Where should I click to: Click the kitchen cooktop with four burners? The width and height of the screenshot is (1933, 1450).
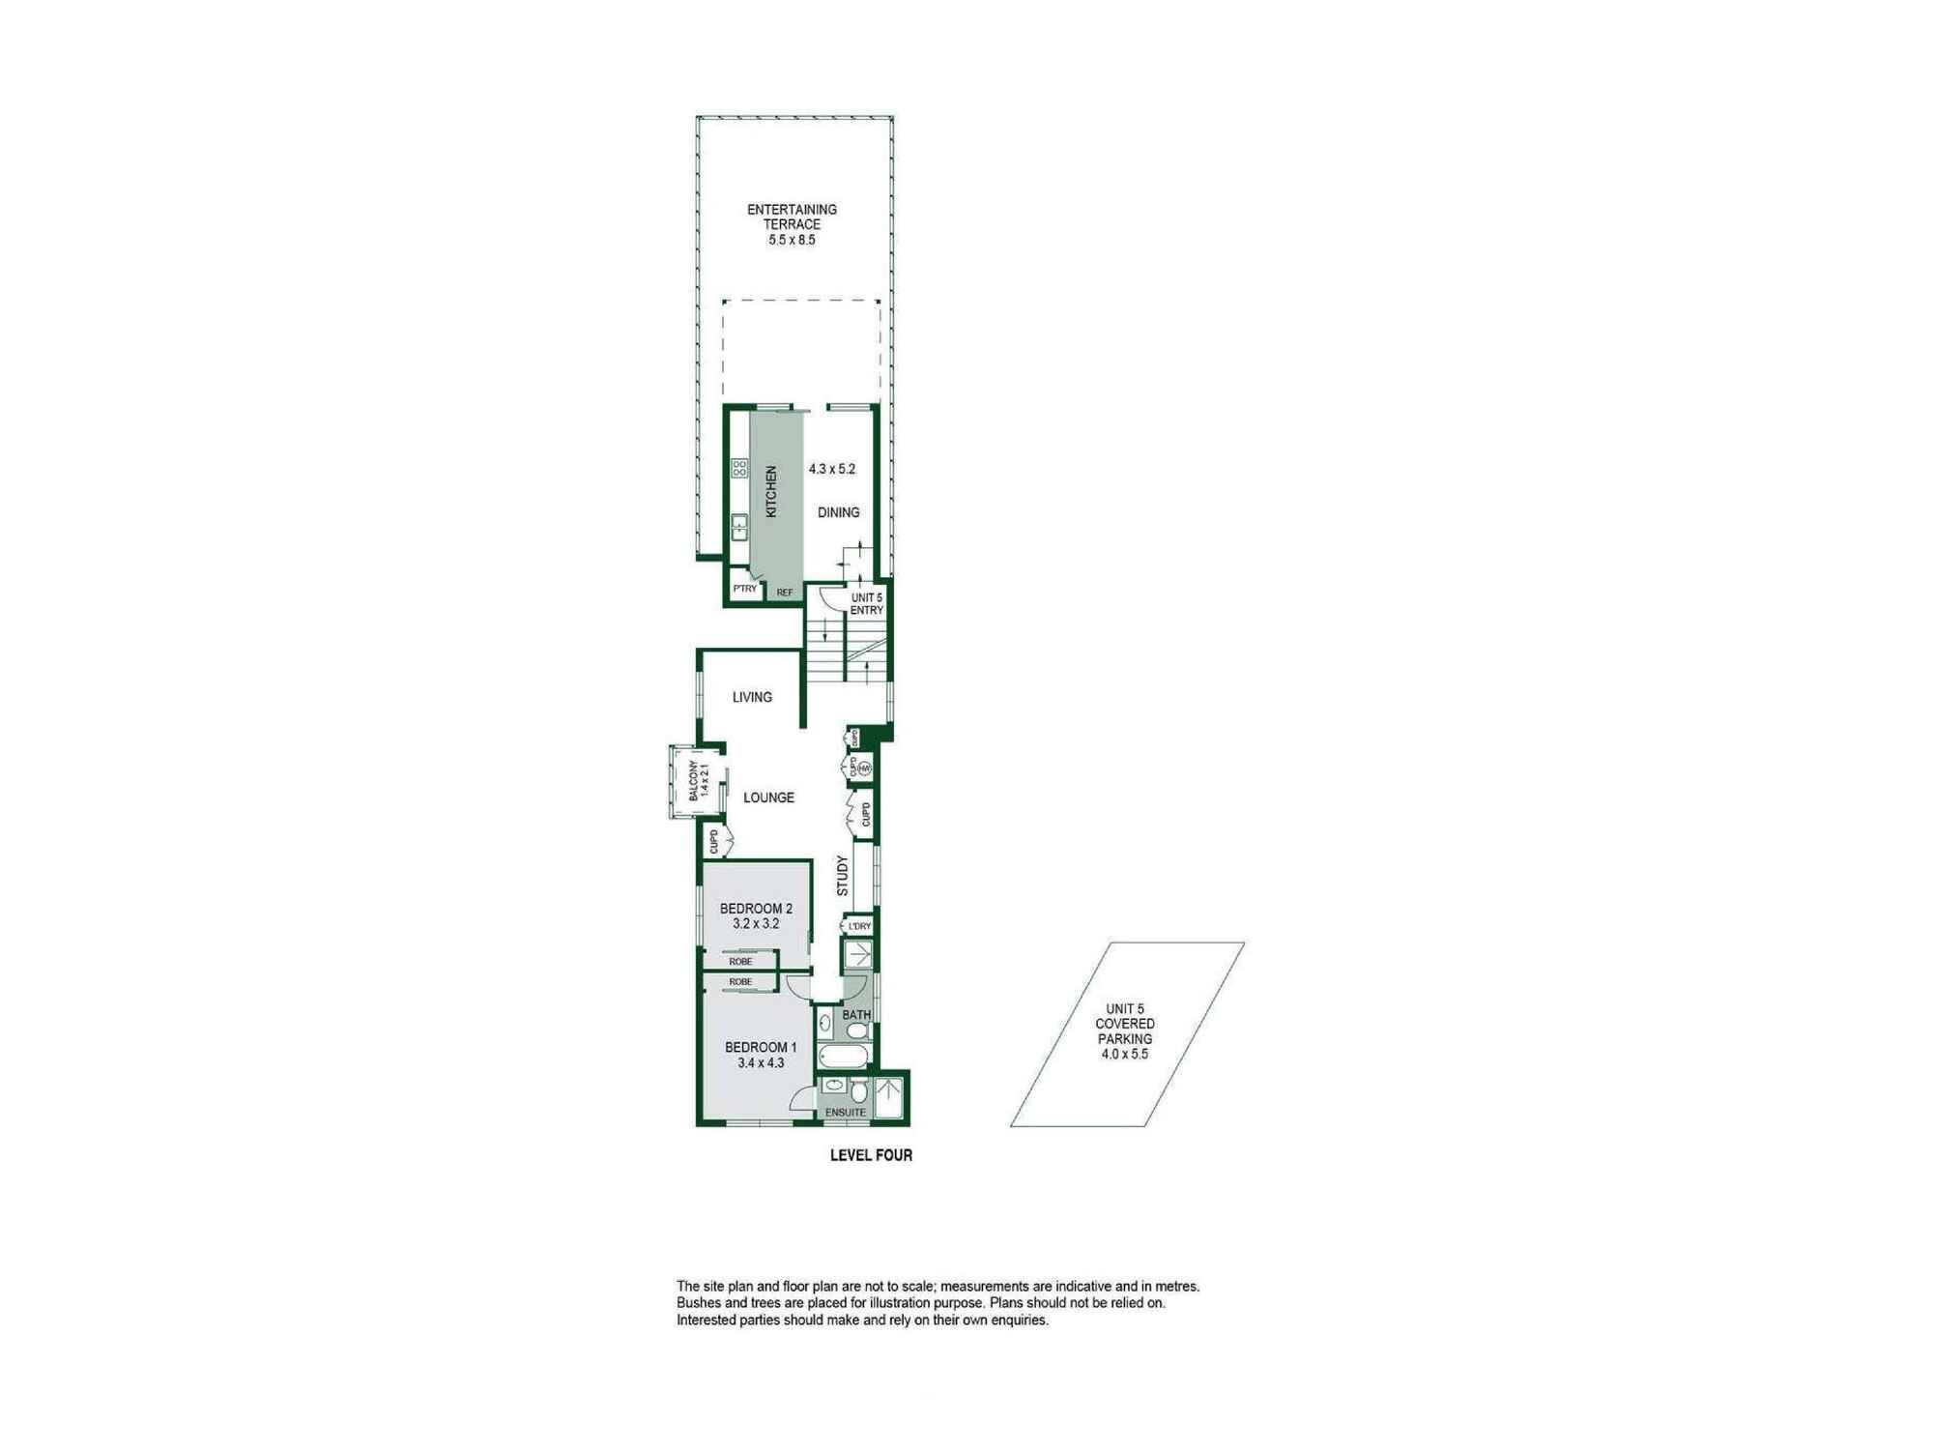pos(739,469)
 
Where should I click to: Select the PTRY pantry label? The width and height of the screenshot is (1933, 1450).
pos(744,589)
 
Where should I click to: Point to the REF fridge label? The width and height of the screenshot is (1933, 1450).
pos(785,593)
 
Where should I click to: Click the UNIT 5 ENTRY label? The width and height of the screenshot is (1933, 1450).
pos(867,604)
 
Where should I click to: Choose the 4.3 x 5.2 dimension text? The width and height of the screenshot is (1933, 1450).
pos(832,469)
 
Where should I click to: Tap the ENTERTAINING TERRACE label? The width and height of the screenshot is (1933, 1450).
pos(792,217)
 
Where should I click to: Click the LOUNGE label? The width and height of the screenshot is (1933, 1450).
pos(768,797)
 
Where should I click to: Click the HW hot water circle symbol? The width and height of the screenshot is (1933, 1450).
pos(865,768)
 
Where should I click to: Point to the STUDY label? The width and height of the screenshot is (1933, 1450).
pos(843,875)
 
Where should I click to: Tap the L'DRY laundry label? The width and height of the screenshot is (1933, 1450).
pos(859,926)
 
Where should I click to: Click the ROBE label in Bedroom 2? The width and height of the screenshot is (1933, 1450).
pos(740,962)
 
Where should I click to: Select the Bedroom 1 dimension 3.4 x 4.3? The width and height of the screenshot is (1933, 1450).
pos(761,1062)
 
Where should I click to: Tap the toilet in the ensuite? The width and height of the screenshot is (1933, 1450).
pos(858,1092)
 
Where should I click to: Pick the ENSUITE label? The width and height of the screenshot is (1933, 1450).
pos(846,1113)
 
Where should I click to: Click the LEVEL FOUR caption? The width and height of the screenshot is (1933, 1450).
pos(871,1155)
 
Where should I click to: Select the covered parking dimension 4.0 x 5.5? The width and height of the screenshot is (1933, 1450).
pos(1125,1055)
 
